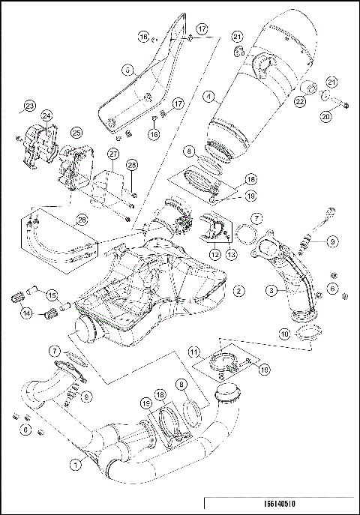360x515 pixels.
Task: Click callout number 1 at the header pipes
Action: coord(75,464)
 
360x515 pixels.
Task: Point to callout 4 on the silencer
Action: coord(208,96)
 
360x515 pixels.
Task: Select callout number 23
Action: coord(29,104)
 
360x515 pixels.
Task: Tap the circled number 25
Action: coord(76,132)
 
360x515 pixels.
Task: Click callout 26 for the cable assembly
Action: coord(81,219)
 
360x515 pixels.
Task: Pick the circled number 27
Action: coord(113,154)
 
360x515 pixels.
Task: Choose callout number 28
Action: coord(131,164)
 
